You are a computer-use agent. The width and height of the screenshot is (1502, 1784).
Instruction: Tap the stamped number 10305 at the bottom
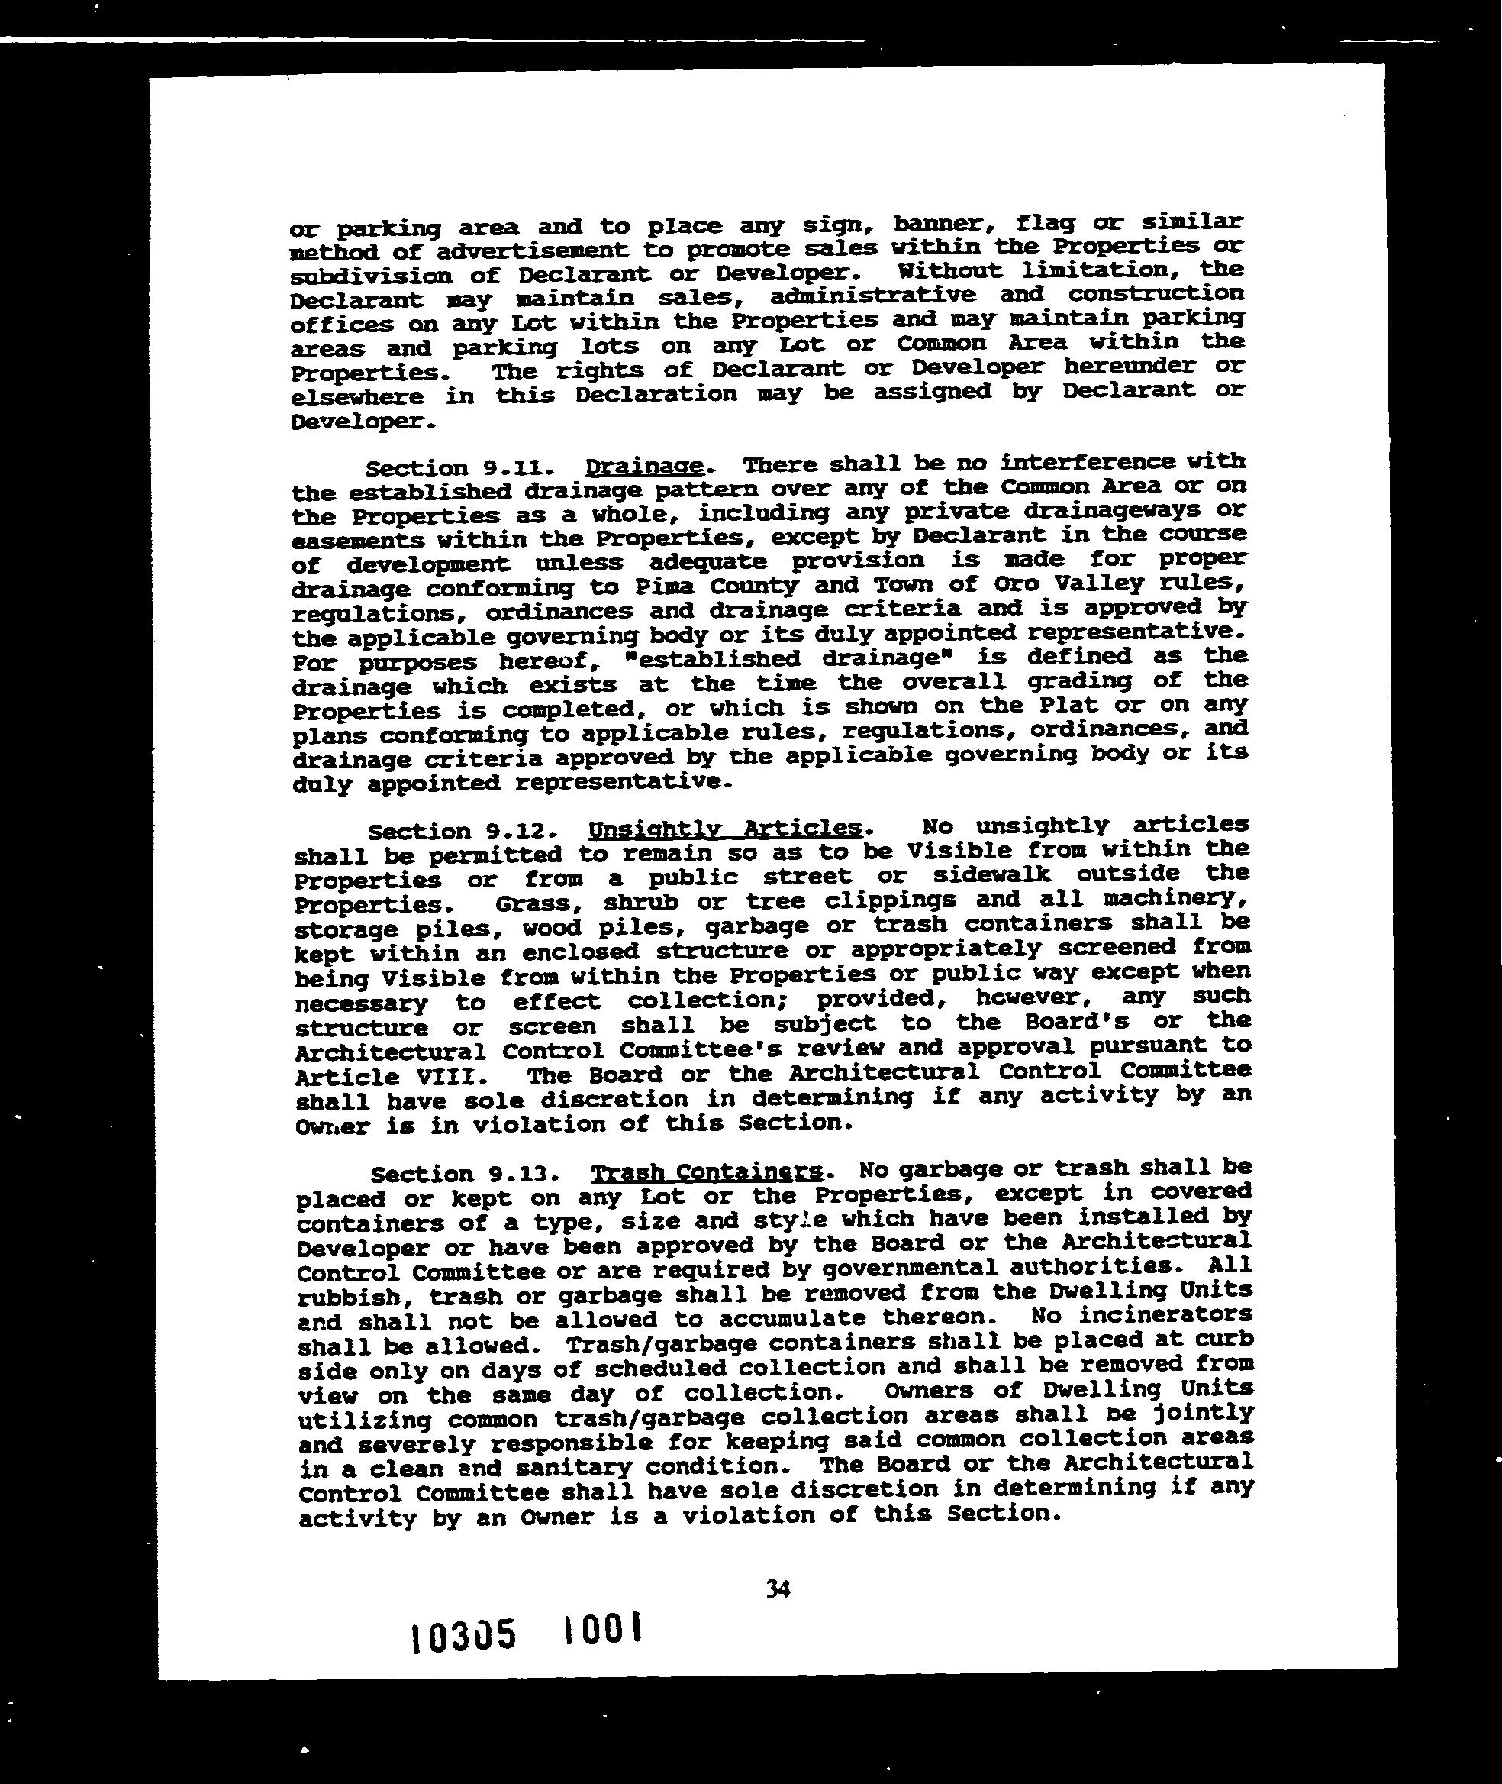click(463, 1636)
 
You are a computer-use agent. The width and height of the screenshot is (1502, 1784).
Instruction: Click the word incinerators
click(1183, 1314)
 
